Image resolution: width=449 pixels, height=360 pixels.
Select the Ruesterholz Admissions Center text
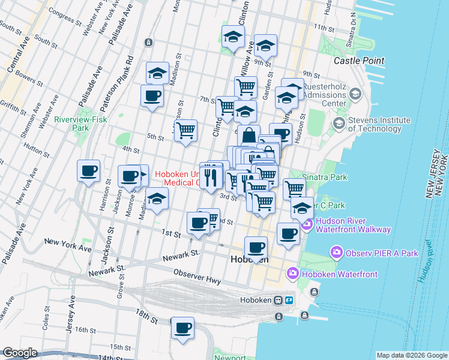coord(325,95)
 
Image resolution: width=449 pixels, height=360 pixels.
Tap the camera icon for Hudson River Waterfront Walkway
coord(307,225)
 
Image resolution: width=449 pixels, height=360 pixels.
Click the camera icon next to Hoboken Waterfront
coord(292,274)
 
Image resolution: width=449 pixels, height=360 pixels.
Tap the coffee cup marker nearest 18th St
coord(182,328)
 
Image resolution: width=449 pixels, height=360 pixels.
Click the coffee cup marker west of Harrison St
coord(89,171)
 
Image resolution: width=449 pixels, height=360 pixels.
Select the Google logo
coord(20,353)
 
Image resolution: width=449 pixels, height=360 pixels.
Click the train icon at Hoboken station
coord(278,300)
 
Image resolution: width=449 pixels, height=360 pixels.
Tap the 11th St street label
coord(322,28)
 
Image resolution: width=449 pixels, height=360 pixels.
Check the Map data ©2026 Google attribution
coord(412,355)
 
